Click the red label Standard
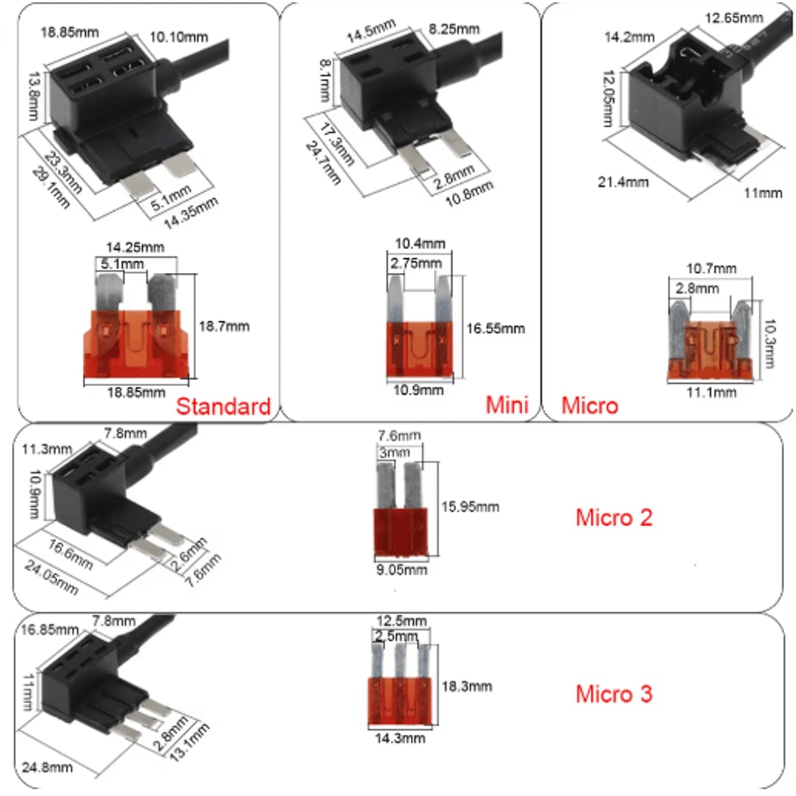[223, 407]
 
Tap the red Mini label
[507, 404]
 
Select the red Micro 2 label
[614, 517]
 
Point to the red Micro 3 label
[614, 693]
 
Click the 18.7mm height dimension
[224, 326]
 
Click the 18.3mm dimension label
[465, 686]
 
